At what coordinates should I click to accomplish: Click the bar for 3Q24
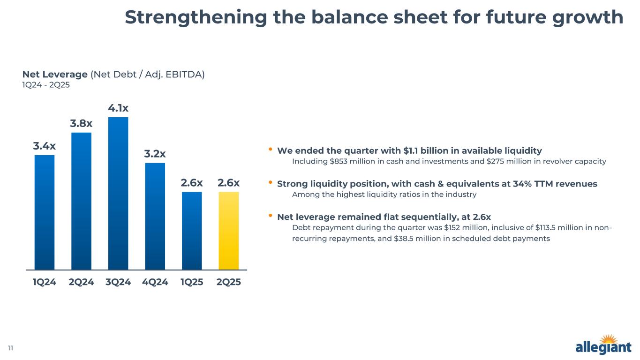click(x=118, y=193)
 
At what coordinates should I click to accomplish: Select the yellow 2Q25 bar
click(x=229, y=231)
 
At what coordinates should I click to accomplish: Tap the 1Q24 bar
click(x=45, y=212)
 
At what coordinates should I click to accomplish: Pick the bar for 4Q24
click(x=155, y=216)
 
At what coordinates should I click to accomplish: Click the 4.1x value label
click(x=118, y=108)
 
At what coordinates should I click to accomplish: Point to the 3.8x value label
click(x=81, y=124)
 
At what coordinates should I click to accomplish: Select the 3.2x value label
click(x=155, y=154)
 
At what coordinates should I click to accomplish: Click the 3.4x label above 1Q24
click(x=45, y=146)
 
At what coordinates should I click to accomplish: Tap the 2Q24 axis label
click(x=81, y=282)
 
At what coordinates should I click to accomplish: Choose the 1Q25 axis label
click(x=192, y=282)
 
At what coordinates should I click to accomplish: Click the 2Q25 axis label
click(x=229, y=282)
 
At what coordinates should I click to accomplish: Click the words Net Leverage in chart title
click(x=55, y=75)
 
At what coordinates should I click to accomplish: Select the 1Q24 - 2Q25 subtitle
click(x=46, y=85)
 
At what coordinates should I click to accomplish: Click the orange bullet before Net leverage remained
click(x=271, y=216)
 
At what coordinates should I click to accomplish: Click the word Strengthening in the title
click(x=196, y=18)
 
